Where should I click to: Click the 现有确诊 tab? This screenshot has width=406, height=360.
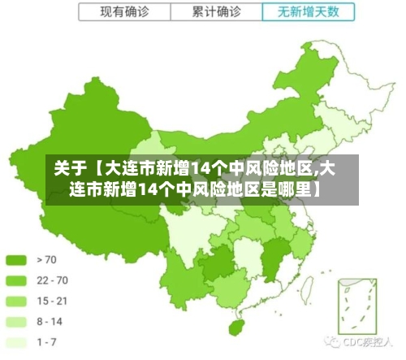point(124,12)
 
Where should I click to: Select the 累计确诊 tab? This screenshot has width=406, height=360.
point(217,12)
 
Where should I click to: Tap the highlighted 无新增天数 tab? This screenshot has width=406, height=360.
point(309,12)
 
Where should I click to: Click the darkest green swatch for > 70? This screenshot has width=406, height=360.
point(17,260)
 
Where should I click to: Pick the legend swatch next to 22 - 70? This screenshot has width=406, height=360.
point(17,280)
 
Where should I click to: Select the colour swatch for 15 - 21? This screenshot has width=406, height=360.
point(17,301)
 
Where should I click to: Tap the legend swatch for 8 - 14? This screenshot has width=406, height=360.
point(17,321)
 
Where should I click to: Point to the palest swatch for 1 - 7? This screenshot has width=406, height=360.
point(17,341)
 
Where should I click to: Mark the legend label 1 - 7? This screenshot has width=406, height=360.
point(48,341)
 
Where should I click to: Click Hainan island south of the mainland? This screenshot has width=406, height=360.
point(236,327)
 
